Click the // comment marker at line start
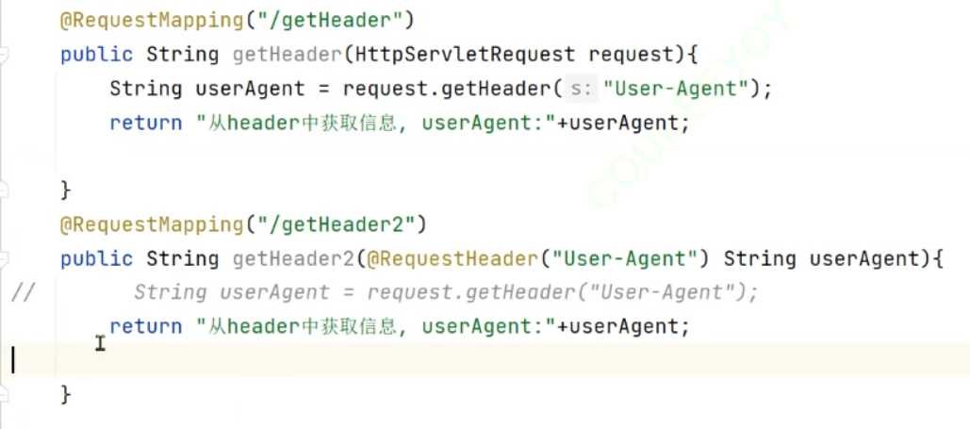[x=23, y=292]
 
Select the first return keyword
[x=145, y=123]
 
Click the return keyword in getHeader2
[x=145, y=326]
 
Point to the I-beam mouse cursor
[x=101, y=343]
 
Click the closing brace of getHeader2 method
[x=66, y=393]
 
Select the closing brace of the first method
[x=66, y=190]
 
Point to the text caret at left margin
[x=13, y=360]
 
